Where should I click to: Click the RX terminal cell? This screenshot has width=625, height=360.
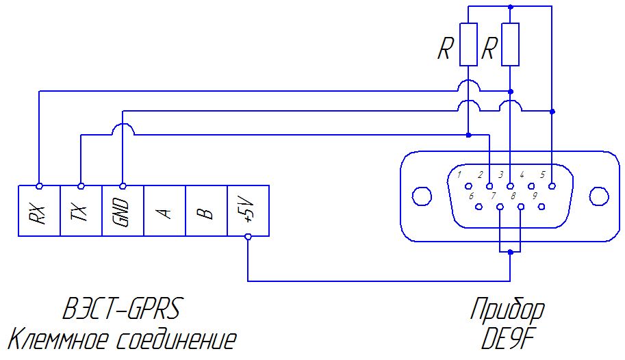tap(39, 211)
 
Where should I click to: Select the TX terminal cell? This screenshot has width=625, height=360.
tap(81, 211)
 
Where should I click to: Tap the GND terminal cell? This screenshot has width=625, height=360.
tap(123, 211)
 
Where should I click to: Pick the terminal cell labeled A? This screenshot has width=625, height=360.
tap(164, 211)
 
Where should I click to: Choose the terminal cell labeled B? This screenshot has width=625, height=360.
tap(207, 211)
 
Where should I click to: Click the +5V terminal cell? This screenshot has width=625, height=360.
tap(248, 211)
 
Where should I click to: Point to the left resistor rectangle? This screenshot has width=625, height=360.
tap(468, 44)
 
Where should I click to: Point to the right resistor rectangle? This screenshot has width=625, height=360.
tap(510, 44)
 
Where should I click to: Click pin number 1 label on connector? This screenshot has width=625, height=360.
tap(459, 175)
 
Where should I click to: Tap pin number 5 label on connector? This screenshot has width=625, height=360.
tap(542, 175)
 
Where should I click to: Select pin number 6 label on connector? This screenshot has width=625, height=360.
tap(471, 196)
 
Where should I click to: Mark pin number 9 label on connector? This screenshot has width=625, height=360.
tap(535, 196)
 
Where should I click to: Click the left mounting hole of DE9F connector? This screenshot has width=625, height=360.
tap(421, 196)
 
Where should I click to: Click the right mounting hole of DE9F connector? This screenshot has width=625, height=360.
tap(599, 196)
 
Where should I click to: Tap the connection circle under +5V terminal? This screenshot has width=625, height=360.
tap(248, 237)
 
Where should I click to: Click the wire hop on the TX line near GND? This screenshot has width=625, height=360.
tap(123, 125)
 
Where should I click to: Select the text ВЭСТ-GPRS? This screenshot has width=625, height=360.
tap(122, 308)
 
